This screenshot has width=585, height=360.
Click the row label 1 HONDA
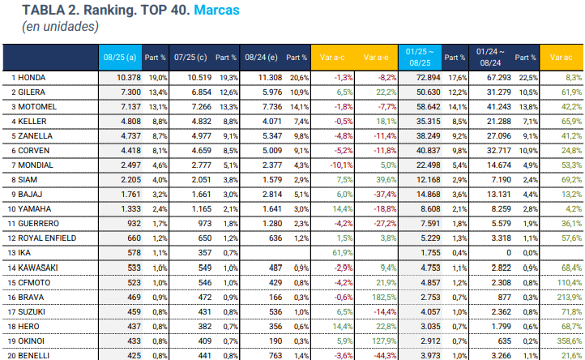tap(30, 77)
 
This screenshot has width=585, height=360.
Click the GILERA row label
tap(30, 92)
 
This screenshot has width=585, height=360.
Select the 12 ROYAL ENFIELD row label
tap(44, 238)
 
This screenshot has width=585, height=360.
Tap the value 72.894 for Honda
tap(428, 77)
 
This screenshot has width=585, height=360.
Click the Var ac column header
tap(561, 58)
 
